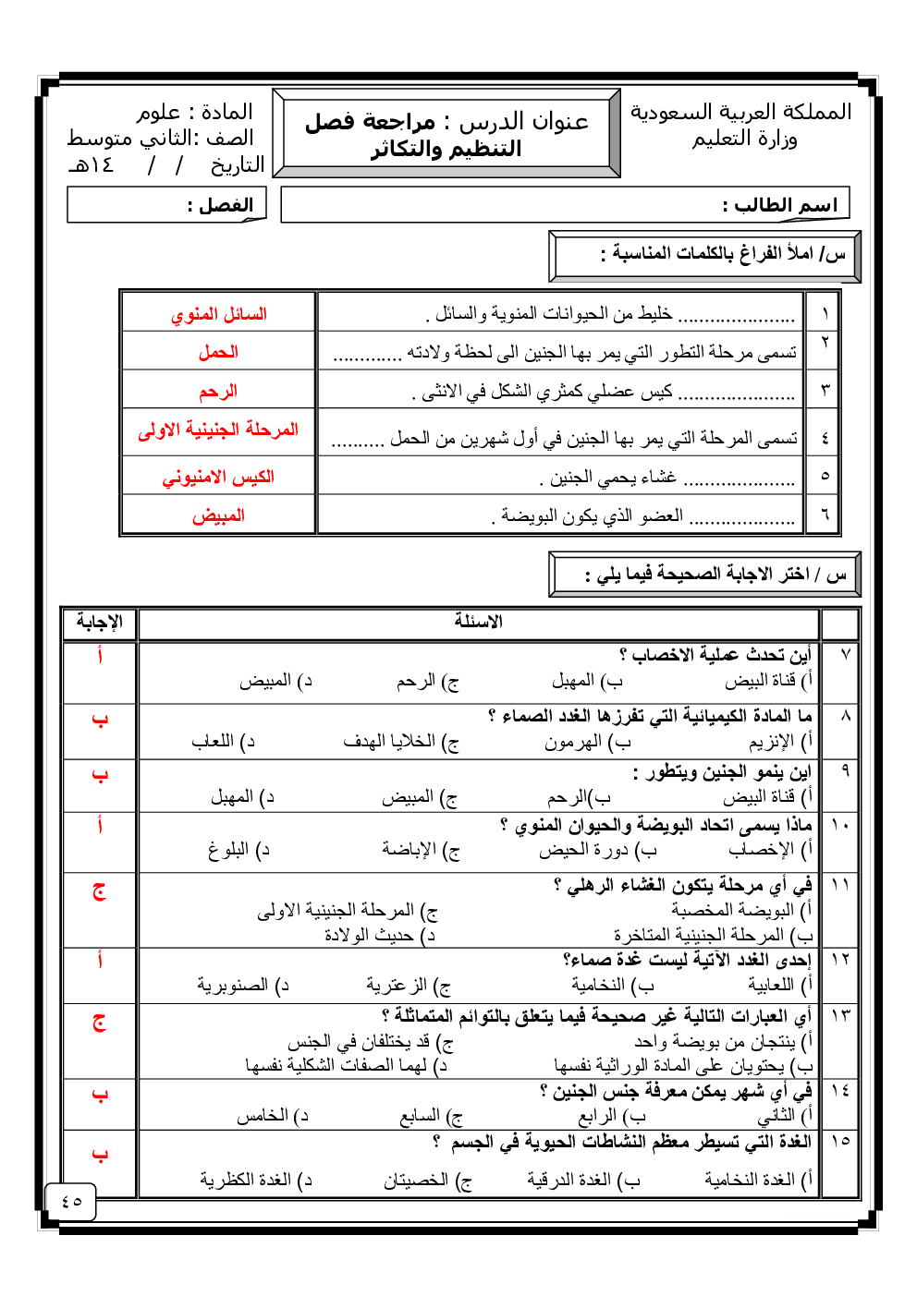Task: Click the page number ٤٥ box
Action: (71, 1201)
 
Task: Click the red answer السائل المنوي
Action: (219, 314)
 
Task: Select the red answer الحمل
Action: (218, 352)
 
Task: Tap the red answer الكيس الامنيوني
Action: (218, 477)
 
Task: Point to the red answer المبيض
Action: (218, 515)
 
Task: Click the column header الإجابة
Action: (100, 622)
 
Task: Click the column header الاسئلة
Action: (478, 622)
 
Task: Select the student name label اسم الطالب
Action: (779, 205)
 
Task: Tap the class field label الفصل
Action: (220, 205)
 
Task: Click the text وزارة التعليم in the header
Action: (744, 139)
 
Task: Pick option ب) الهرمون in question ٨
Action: (587, 742)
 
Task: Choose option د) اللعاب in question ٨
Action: (223, 742)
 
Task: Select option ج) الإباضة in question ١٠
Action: (421, 850)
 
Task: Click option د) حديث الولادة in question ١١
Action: (379, 935)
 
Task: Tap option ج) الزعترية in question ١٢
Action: (408, 986)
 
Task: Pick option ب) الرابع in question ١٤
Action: (611, 1116)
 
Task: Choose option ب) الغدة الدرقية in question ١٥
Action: (582, 1180)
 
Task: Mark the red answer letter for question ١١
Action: (99, 891)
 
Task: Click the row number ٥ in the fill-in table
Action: (825, 476)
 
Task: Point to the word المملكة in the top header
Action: (816, 113)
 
